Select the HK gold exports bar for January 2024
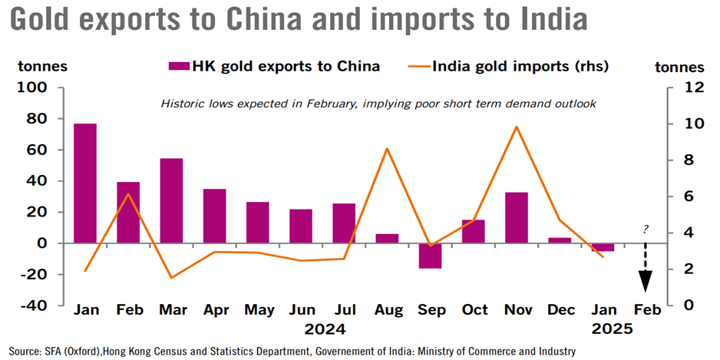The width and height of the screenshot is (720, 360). coord(85,183)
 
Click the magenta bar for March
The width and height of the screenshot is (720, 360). coord(171,200)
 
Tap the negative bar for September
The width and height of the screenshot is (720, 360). coord(430,256)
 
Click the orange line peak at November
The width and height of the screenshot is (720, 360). coord(517,127)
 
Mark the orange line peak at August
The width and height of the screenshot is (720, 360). coord(387,148)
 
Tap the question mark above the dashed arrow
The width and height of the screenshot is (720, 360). coord(646,229)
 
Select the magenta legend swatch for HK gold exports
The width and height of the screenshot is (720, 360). coord(179,66)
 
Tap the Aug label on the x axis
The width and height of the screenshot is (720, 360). coord(387,310)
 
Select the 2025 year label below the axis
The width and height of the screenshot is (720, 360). coord(612,329)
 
